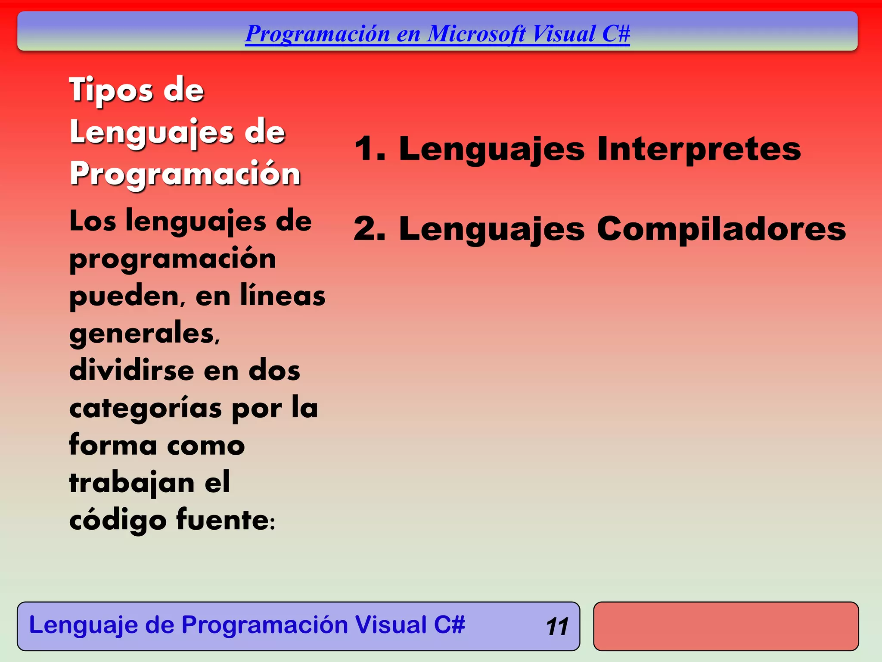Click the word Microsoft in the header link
(476, 34)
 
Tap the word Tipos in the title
(111, 90)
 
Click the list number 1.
(369, 149)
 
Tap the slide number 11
(557, 627)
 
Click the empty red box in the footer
(726, 626)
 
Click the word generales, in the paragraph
(145, 334)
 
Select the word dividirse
(132, 371)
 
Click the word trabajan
(132, 483)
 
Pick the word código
(118, 520)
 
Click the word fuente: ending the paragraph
(225, 520)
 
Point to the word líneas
(283, 296)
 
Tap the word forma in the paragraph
(113, 445)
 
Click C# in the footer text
(449, 625)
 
